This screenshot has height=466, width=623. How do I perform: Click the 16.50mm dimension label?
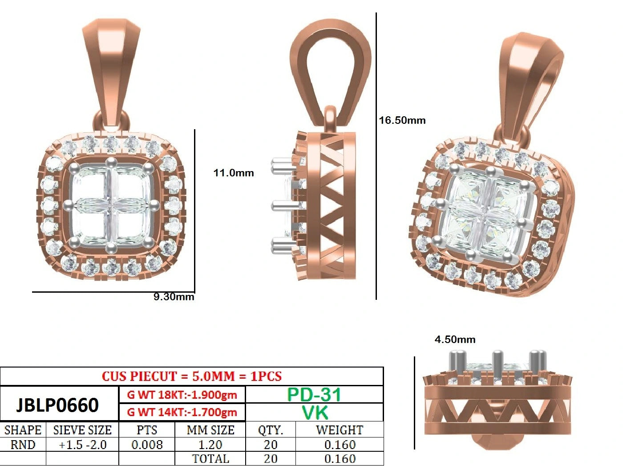[402, 120]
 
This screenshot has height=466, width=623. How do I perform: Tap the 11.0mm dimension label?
[234, 173]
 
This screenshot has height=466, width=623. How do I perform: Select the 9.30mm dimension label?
[174, 297]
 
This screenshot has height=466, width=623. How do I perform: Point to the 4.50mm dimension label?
[455, 339]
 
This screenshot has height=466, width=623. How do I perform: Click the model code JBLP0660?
[57, 405]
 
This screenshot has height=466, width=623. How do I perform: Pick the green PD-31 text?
[314, 395]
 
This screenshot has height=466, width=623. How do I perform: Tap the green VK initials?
[315, 412]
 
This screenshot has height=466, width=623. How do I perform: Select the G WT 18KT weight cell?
[182, 395]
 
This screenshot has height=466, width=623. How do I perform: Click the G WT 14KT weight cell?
[182, 412]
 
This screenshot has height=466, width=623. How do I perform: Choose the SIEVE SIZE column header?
[82, 430]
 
